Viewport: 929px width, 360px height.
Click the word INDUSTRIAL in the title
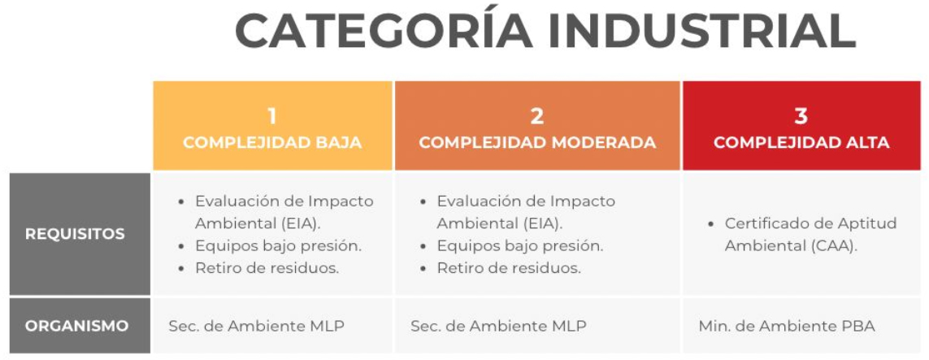(x=702, y=31)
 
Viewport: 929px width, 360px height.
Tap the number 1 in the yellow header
(x=272, y=116)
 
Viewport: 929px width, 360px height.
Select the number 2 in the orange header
(x=536, y=116)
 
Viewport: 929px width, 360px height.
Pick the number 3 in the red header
(x=801, y=116)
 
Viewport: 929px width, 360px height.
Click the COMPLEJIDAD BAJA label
(x=272, y=143)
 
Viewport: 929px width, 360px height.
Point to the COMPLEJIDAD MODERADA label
(x=537, y=143)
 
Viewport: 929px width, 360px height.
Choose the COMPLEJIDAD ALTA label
(x=801, y=143)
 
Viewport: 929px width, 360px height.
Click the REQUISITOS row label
(x=76, y=234)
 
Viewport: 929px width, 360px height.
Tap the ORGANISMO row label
(x=77, y=326)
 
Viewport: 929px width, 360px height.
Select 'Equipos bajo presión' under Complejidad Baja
(x=279, y=245)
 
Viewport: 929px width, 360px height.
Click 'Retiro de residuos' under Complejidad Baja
(x=267, y=268)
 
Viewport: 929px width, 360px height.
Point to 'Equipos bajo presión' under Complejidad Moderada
(x=520, y=245)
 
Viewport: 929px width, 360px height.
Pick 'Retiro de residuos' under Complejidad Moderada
(x=509, y=268)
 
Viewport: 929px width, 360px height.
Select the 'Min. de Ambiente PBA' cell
(x=787, y=326)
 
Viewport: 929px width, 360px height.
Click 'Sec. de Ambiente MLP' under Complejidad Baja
(x=257, y=326)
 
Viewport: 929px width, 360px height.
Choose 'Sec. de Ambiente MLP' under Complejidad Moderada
(x=498, y=326)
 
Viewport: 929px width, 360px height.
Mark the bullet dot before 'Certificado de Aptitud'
(x=711, y=224)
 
